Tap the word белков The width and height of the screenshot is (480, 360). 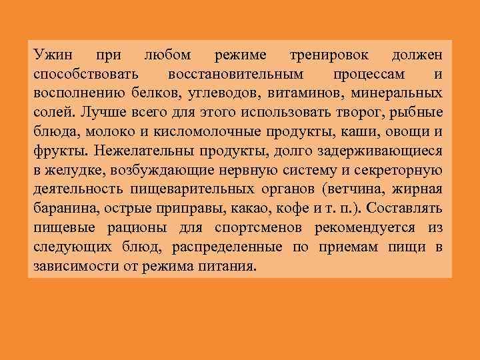(x=147, y=90)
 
